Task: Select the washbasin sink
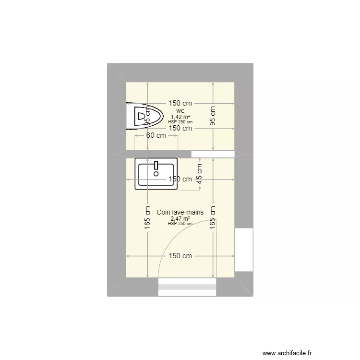click(x=156, y=173)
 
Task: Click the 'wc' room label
click(x=180, y=110)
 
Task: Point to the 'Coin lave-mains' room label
click(x=180, y=212)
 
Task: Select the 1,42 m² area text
click(x=180, y=117)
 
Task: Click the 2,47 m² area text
click(x=180, y=218)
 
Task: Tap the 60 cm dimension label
click(x=156, y=135)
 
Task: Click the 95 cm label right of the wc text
click(x=213, y=116)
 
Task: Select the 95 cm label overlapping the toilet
click(x=148, y=115)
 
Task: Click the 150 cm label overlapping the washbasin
click(x=180, y=179)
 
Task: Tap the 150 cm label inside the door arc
click(x=180, y=256)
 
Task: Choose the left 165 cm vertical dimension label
click(x=148, y=225)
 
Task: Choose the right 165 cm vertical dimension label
click(x=213, y=225)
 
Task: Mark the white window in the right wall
click(x=243, y=250)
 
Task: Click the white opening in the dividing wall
click(x=213, y=154)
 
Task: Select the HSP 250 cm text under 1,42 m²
click(x=180, y=122)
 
